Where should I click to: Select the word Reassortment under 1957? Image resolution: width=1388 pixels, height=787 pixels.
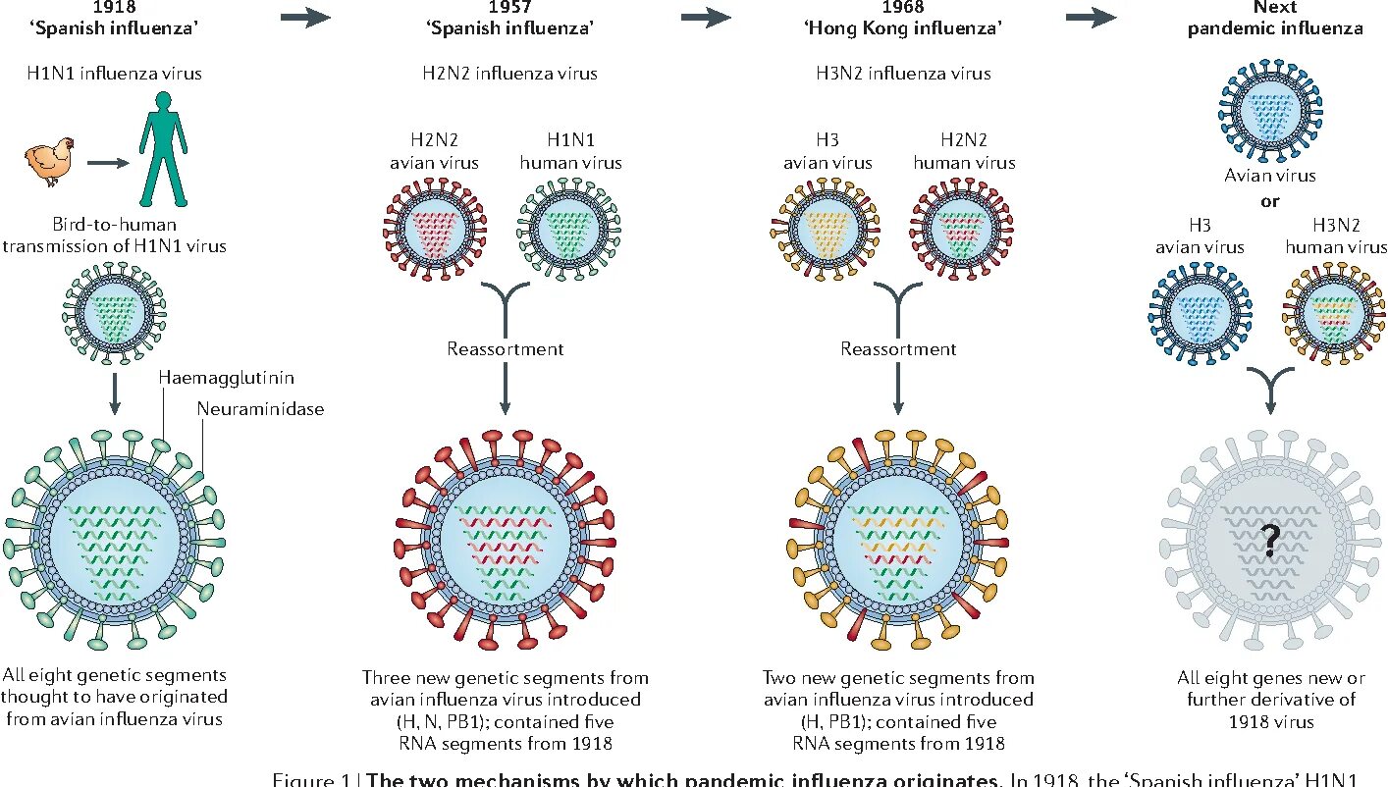tap(505, 348)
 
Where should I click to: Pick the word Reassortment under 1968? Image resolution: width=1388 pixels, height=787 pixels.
tap(898, 348)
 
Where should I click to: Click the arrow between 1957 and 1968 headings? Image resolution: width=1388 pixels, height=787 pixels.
tap(706, 17)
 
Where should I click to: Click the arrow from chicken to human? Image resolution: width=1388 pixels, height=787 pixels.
tap(107, 162)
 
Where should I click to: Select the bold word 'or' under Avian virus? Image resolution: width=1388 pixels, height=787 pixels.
tap(1270, 202)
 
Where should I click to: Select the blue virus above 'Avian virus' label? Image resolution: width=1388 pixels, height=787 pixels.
tap(1270, 116)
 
